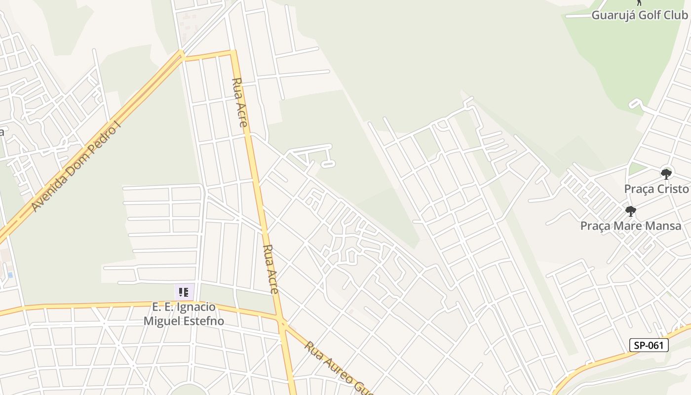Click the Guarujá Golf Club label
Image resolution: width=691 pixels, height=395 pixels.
tap(639, 15)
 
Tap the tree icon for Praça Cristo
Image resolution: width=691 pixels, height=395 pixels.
tap(666, 174)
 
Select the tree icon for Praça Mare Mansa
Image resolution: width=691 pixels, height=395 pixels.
tap(630, 212)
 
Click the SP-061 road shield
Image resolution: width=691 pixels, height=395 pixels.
tap(649, 346)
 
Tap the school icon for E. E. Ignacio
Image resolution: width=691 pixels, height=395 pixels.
tap(184, 292)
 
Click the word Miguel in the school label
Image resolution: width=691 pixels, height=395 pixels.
tap(159, 321)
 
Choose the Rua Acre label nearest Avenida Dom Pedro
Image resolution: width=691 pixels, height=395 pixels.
tap(239, 102)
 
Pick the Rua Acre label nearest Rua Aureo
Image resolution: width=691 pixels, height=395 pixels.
tap(271, 269)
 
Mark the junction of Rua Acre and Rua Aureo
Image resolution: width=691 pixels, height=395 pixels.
tap(282, 323)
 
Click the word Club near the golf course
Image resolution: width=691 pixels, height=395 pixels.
tap(676, 15)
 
